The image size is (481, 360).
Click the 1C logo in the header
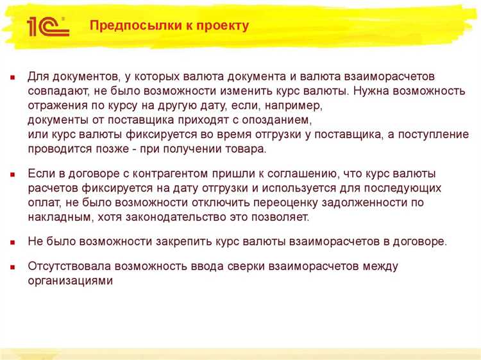(x=46, y=26)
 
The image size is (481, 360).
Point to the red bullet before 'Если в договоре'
(x=12, y=174)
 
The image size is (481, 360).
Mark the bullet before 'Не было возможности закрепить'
(x=12, y=242)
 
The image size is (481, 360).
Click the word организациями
(x=71, y=280)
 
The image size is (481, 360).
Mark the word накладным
(x=61, y=217)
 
